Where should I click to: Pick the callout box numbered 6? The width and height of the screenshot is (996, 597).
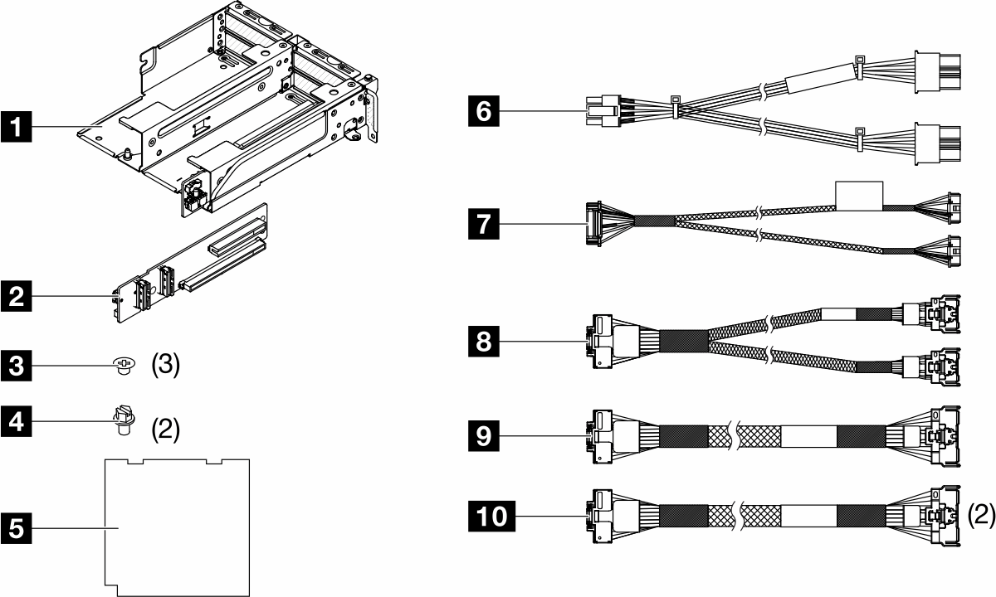click(484, 109)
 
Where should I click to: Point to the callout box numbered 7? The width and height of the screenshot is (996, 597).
click(484, 223)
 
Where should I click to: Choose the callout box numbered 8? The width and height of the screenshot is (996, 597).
click(484, 341)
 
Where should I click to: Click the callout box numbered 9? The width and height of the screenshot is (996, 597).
click(484, 434)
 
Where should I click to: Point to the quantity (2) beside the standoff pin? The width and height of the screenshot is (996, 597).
click(164, 430)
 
